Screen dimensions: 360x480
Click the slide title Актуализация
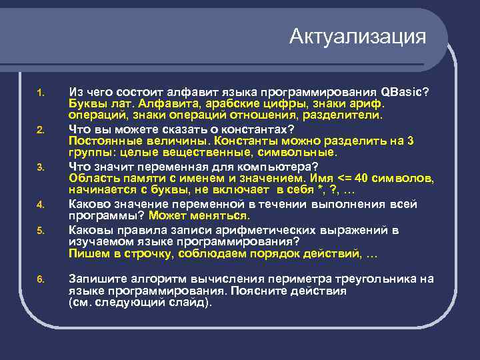point(357,36)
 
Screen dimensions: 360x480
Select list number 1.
point(40,92)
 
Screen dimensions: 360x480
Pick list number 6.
point(40,279)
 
